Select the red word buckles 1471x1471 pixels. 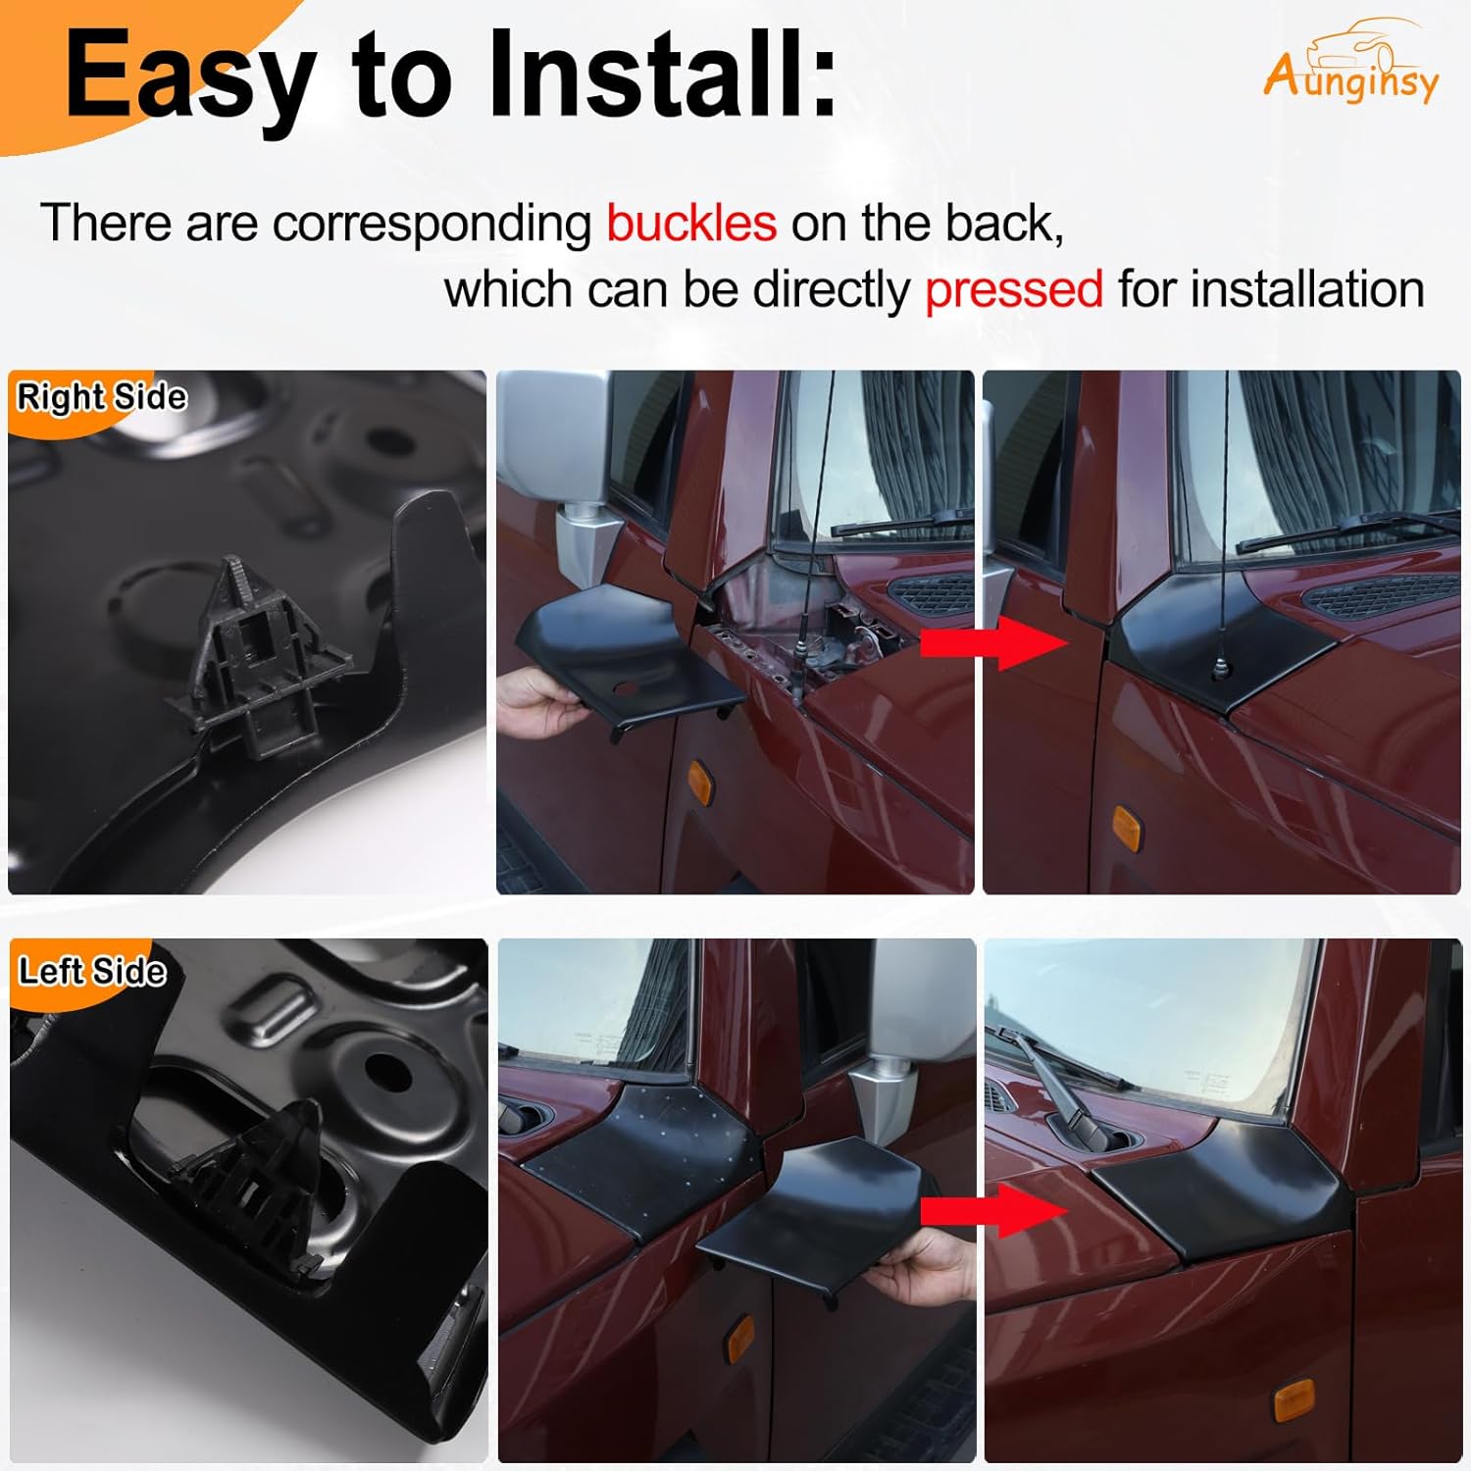(691, 224)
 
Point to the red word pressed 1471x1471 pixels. (1014, 290)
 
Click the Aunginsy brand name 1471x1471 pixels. (1351, 78)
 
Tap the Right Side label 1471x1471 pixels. (102, 397)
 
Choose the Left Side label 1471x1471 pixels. (92, 971)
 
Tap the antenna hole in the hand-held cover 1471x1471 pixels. (625, 689)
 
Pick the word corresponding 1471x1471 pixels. (431, 224)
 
